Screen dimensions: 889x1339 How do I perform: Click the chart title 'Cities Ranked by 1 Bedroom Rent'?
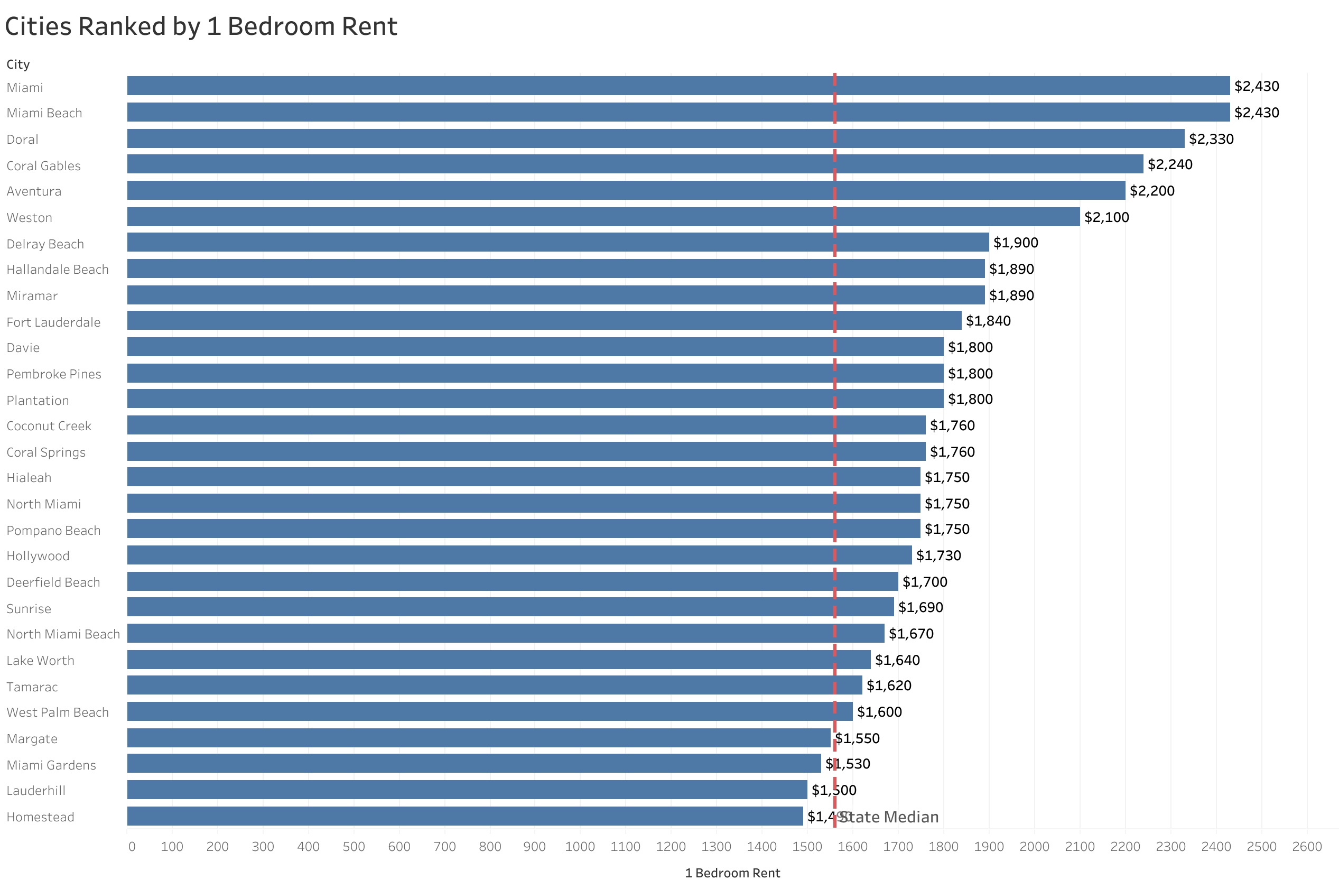pos(201,26)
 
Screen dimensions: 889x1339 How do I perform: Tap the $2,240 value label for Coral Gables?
pos(1169,164)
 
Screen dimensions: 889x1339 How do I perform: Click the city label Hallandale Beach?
pos(57,270)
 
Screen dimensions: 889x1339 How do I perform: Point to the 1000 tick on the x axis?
pos(579,847)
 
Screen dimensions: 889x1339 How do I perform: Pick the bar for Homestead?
pos(464,816)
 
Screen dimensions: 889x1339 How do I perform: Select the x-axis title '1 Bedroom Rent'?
pos(731,873)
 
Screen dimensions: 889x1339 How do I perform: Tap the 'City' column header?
pos(18,64)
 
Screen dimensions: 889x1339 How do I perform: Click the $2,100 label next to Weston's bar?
pos(1106,217)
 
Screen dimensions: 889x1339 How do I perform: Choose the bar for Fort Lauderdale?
pos(544,320)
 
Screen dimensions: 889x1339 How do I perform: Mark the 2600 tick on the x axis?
pos(1306,847)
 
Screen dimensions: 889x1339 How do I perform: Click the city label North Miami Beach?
pos(63,634)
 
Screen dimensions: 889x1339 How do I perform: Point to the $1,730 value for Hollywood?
pos(938,555)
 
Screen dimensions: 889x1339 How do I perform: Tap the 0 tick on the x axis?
pos(132,847)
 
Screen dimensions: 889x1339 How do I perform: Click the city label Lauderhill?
pos(36,790)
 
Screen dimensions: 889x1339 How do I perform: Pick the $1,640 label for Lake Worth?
pos(897,660)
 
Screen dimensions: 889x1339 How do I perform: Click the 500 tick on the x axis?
pos(353,847)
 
